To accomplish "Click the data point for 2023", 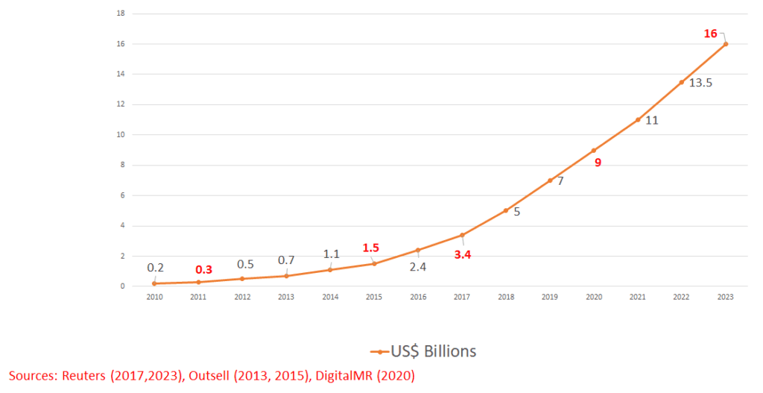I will [x=726, y=44].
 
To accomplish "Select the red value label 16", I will [x=711, y=34].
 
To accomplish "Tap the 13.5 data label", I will [x=700, y=83].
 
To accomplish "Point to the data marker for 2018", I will [x=506, y=210].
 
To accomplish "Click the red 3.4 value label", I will [x=463, y=255].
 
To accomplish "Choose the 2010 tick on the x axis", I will [x=153, y=297].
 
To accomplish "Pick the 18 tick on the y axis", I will [x=121, y=13].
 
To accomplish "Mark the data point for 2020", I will [x=594, y=150].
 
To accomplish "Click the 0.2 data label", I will [x=156, y=268].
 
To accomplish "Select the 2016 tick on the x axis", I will [x=418, y=297].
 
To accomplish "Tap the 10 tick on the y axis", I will [x=121, y=135].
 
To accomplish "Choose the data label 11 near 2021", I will [x=651, y=120].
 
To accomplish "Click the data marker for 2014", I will [x=330, y=269].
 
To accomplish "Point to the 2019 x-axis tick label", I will [x=550, y=297].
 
